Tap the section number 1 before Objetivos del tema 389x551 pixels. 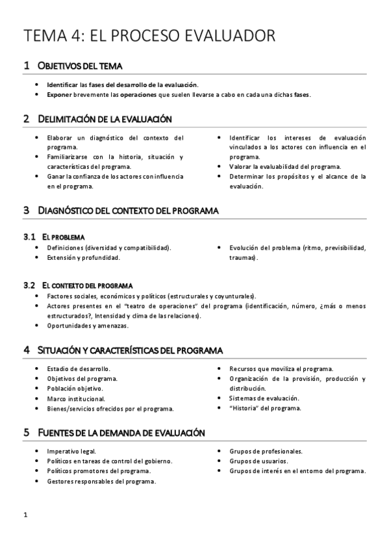click(26, 66)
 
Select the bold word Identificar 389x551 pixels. click(62, 84)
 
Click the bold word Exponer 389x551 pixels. click(59, 94)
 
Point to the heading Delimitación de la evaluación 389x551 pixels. click(105, 119)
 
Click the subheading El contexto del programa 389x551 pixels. click(87, 285)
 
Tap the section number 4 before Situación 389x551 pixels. click(26, 350)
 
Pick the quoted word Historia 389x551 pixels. click(248, 408)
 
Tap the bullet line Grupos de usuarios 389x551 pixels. click(257, 461)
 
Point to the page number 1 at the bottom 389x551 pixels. click(25, 515)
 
